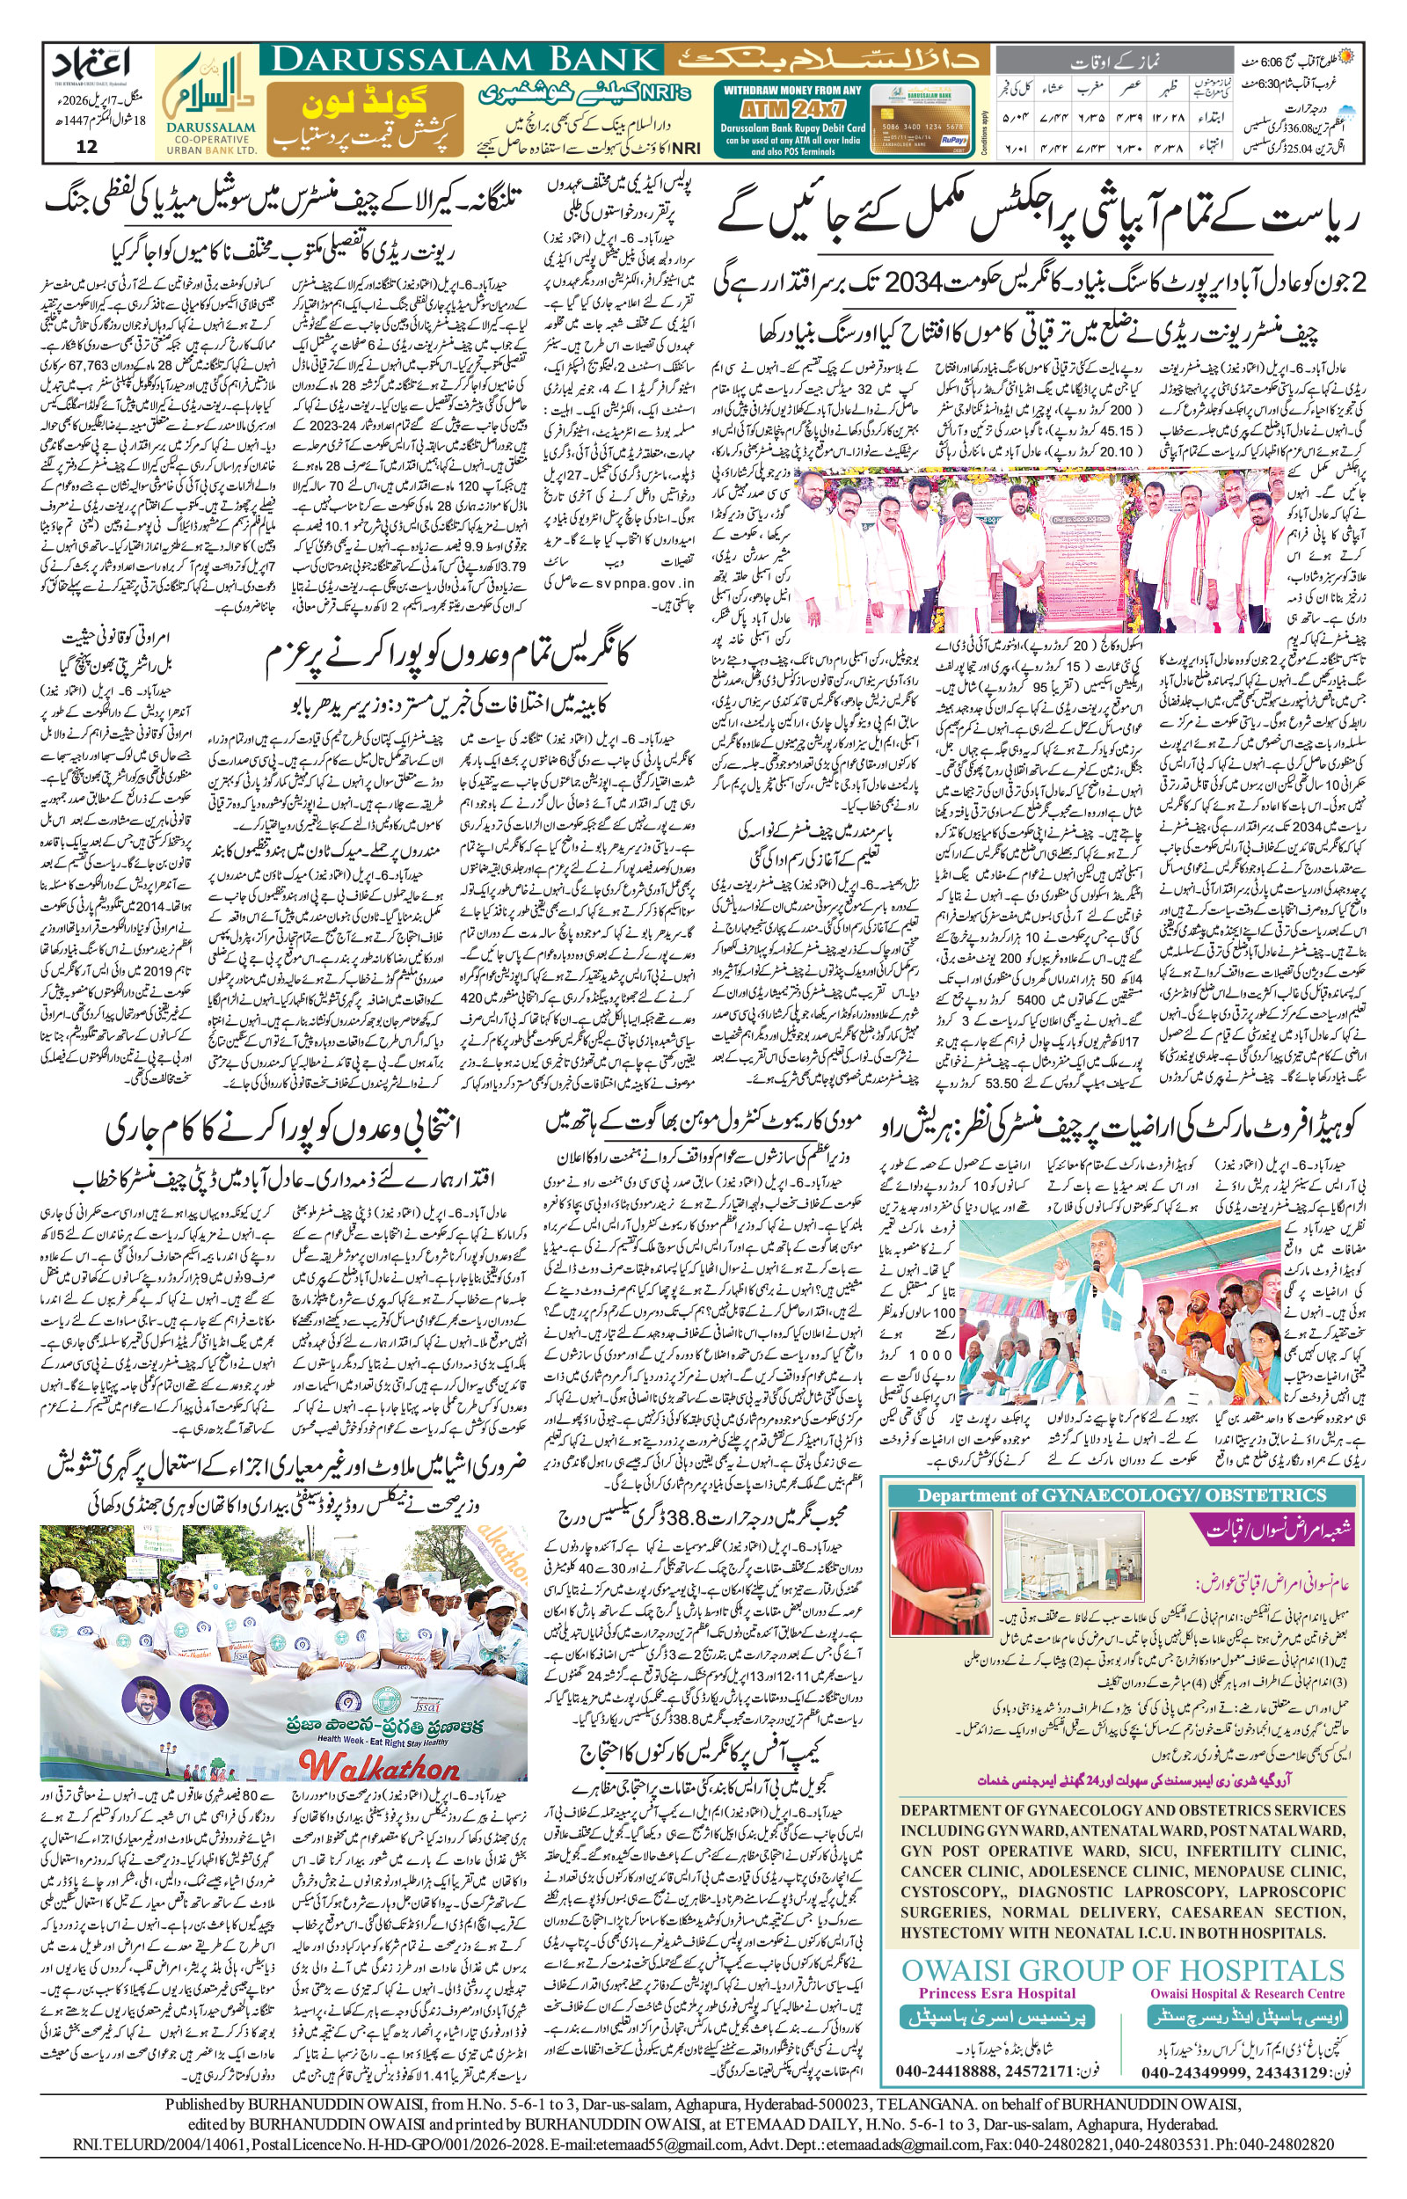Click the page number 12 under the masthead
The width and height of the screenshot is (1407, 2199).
click(87, 147)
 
